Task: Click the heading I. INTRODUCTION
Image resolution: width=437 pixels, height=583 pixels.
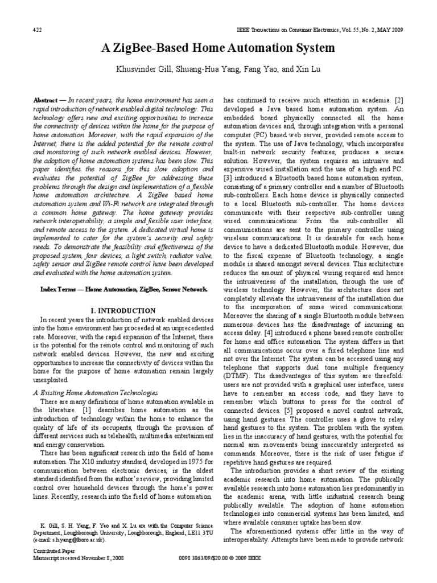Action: [x=123, y=311]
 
